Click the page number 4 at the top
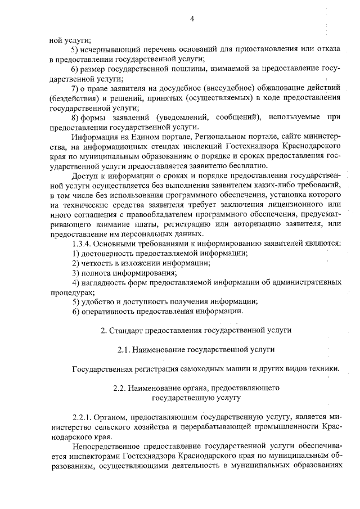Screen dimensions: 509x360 pyautogui.click(x=192, y=19)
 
